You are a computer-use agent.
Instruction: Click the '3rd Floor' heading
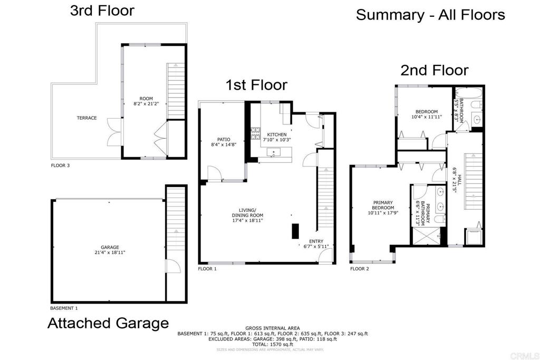[x=102, y=11]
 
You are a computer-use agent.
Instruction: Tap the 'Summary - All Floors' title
[x=430, y=15]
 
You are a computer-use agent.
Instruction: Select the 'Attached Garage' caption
[x=108, y=323]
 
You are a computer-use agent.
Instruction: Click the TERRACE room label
[x=86, y=118]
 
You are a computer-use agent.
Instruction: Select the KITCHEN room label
[x=277, y=134]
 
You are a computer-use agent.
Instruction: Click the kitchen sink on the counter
[x=274, y=153]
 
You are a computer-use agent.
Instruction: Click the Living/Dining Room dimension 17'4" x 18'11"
[x=247, y=220]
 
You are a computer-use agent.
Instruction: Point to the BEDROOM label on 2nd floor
[x=426, y=111]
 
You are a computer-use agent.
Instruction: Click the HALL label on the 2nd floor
[x=459, y=180]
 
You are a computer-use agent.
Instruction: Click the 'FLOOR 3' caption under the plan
[x=60, y=166]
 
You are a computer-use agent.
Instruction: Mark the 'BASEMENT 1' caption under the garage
[x=64, y=308]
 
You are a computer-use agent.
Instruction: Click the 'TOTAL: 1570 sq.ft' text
[x=272, y=344]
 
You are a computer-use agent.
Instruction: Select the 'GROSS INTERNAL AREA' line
[x=272, y=328]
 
